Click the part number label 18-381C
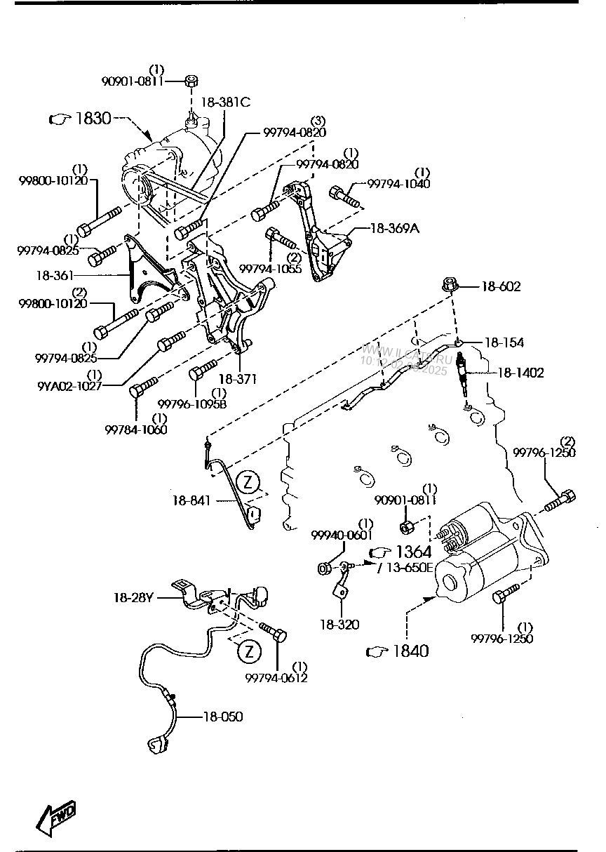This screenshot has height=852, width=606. (225, 102)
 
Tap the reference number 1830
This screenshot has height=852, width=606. (93, 119)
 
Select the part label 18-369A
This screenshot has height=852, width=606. (394, 228)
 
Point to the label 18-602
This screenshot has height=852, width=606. (501, 287)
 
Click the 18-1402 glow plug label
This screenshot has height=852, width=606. (520, 373)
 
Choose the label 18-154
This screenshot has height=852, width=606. (504, 342)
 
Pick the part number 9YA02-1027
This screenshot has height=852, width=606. (69, 385)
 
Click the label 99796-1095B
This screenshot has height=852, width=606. (191, 404)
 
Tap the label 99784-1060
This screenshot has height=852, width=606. (136, 430)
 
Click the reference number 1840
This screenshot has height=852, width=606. (410, 651)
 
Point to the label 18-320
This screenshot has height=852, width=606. (339, 624)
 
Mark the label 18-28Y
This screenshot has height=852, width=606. (133, 598)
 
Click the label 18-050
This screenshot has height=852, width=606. (223, 717)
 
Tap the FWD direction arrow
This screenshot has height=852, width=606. (55, 818)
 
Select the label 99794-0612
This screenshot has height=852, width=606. (276, 677)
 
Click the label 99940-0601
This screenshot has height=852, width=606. (342, 535)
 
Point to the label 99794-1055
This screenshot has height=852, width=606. (271, 269)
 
